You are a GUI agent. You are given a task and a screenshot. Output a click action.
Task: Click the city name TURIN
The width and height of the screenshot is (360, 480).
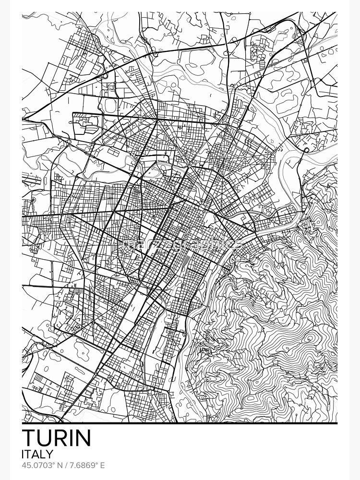(x=57, y=438)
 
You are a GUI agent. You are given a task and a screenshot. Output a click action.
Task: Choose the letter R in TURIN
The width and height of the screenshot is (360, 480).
(x=58, y=438)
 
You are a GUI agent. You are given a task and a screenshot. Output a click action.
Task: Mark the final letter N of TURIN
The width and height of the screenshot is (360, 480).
(x=83, y=438)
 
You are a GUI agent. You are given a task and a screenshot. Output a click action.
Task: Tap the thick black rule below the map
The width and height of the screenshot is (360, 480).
(x=180, y=423)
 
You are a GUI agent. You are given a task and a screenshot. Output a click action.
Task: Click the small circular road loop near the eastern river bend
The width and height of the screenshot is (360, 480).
(x=306, y=150)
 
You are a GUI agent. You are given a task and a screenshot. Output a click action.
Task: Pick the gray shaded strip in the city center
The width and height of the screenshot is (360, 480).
(x=185, y=260)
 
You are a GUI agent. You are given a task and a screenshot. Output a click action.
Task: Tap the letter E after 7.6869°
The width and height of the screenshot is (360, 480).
(x=102, y=466)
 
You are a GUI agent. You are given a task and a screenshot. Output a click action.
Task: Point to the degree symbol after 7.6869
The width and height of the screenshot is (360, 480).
(x=96, y=464)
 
